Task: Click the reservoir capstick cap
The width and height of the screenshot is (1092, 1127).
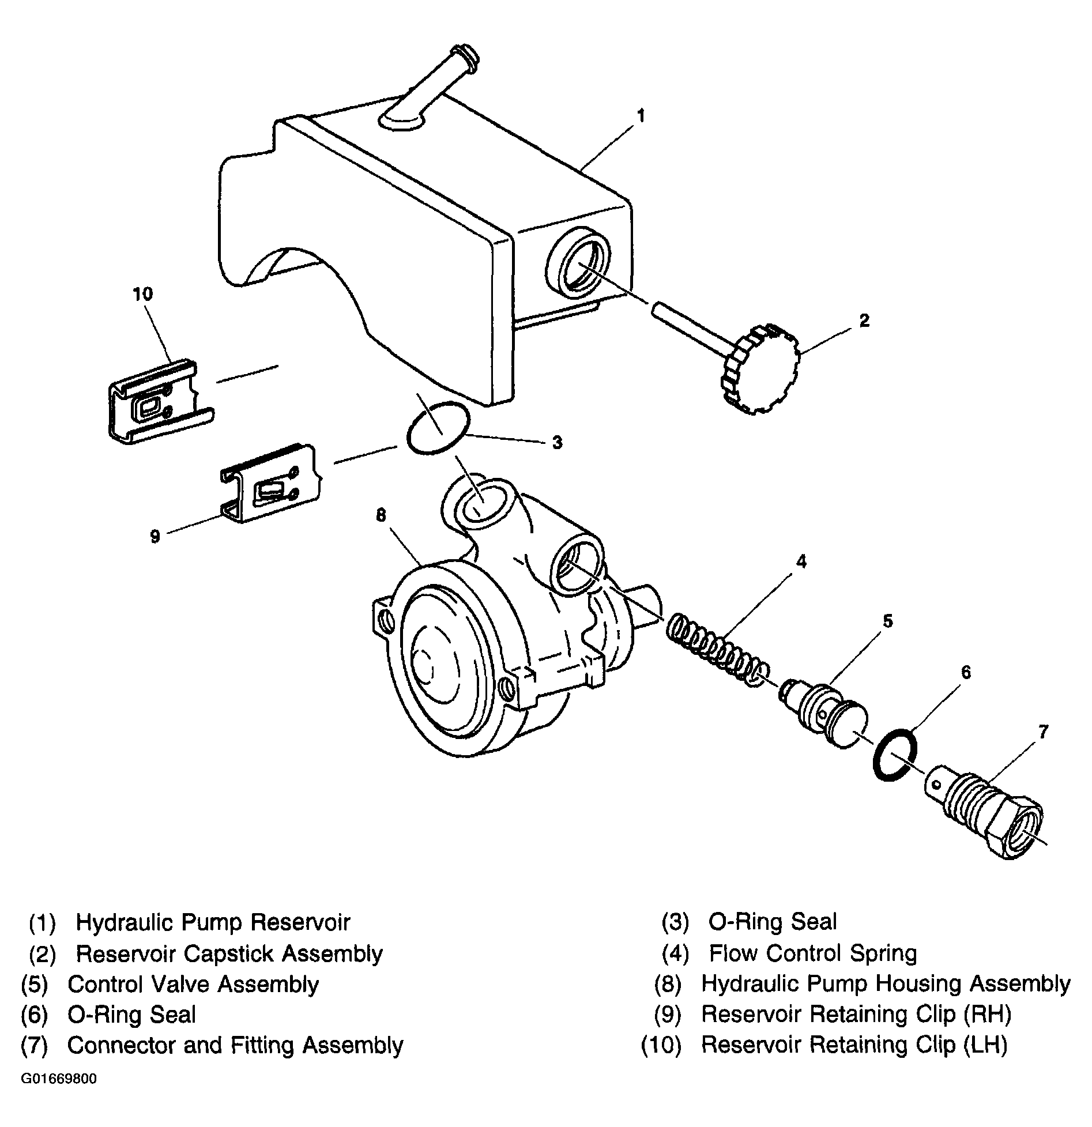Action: point(759,369)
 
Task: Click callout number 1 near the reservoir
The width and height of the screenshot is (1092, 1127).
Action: point(641,116)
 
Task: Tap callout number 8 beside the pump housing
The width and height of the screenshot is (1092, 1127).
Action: point(381,515)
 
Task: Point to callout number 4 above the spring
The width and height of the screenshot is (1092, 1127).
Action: point(801,561)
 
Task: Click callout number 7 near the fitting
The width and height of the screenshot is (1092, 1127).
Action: point(1042,732)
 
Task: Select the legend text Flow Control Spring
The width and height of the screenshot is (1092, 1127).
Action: point(812,953)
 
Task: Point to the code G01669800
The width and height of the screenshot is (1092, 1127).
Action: point(59,1079)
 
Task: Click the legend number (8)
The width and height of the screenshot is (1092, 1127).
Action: point(668,984)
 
